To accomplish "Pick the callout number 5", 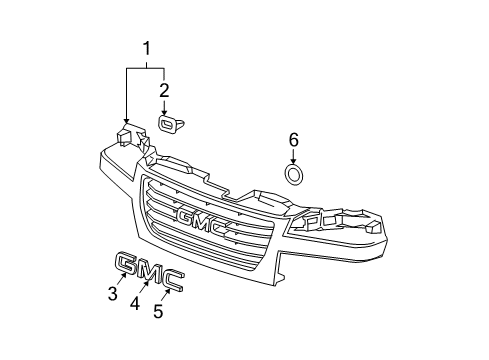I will click(x=157, y=310).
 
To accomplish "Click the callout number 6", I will click(x=293, y=140).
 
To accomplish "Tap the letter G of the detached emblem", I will click(x=128, y=264).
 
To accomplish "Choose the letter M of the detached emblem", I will click(x=149, y=273).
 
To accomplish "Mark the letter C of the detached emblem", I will click(x=171, y=283).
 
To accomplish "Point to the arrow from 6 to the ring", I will click(x=294, y=156).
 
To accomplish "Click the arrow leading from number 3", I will click(x=120, y=281).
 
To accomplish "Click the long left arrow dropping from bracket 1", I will click(x=126, y=94).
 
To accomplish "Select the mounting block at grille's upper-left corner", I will click(x=127, y=137).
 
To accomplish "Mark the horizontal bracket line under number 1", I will click(x=146, y=67).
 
